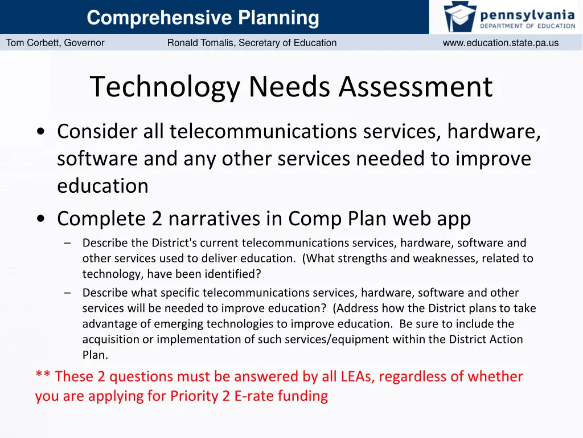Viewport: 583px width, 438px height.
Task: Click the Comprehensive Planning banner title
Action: point(203,18)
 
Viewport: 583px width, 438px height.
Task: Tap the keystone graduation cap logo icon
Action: point(460,17)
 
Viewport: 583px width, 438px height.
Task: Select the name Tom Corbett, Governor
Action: point(55,43)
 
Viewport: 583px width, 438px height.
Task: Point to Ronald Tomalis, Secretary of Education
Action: point(252,43)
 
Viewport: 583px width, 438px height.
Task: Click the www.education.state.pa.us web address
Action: point(500,43)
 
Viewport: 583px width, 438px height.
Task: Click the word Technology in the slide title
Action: point(165,87)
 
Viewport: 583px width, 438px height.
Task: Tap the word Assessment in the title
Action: point(416,87)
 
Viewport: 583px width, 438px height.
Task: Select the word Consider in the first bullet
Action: point(97,132)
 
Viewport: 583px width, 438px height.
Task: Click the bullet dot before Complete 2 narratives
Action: point(40,219)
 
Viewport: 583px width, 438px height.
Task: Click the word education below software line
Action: point(102,186)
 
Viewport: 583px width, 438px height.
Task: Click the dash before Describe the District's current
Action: point(68,243)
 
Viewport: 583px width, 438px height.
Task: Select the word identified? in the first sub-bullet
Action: point(233,274)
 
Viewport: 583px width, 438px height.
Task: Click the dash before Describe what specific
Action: point(68,293)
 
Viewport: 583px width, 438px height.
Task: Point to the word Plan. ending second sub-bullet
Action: point(95,355)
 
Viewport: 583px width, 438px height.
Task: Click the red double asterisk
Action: point(43,376)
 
